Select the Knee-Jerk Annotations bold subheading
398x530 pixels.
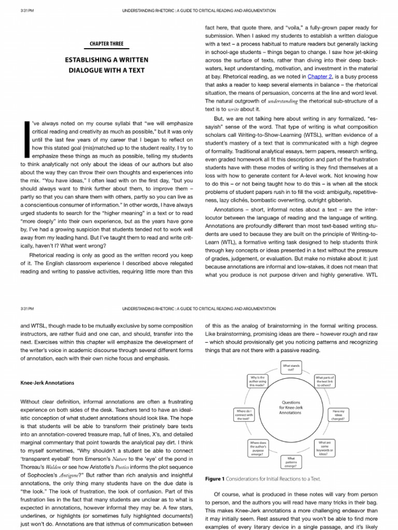pyautogui.click(x=47, y=383)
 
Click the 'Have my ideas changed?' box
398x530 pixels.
pyautogui.click(x=338, y=415)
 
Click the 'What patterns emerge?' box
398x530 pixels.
pyautogui.click(x=291, y=462)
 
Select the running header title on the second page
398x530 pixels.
pyautogui.click(x=199, y=308)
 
